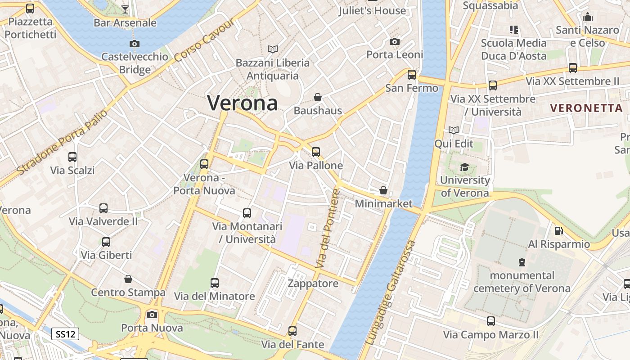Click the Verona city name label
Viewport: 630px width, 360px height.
(242, 103)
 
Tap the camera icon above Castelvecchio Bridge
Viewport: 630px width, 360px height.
(134, 44)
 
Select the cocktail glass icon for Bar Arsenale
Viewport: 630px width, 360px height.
(125, 9)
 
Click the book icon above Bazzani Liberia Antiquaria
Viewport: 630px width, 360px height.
(272, 49)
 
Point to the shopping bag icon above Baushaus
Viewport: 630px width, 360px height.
(318, 97)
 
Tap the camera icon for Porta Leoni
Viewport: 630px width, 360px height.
(395, 41)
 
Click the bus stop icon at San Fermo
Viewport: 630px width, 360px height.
(412, 75)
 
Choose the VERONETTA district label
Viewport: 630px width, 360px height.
(586, 108)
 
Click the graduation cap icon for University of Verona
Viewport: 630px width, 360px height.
(464, 167)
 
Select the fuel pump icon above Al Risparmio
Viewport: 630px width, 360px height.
(558, 231)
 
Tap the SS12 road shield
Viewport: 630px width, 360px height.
(65, 334)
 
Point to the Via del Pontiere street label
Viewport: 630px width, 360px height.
(327, 229)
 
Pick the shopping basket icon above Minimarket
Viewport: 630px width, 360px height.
(383, 190)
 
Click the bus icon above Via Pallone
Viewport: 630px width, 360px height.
(316, 152)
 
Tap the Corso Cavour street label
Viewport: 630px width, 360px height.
(204, 40)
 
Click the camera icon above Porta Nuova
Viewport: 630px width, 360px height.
(152, 315)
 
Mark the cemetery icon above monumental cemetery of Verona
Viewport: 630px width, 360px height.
(522, 262)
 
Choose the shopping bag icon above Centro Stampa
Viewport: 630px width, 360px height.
(128, 279)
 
